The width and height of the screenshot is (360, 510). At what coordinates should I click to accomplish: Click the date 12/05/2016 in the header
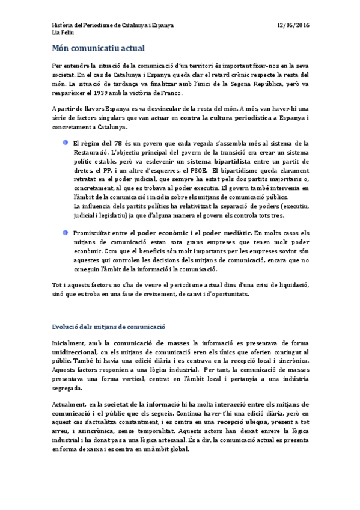[x=293, y=25]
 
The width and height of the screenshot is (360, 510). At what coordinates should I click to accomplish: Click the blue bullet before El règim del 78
[x=64, y=143]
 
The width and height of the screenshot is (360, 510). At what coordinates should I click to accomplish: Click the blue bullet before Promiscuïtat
[x=64, y=232]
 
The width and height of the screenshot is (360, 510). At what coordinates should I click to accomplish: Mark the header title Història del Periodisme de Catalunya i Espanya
[x=113, y=25]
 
